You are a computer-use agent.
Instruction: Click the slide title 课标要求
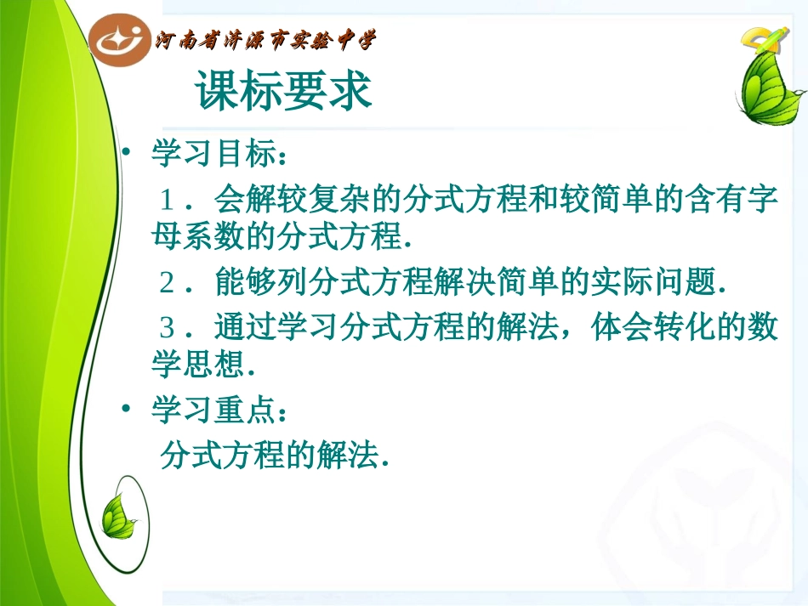[x=284, y=92]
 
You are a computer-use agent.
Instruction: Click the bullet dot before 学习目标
[x=126, y=155]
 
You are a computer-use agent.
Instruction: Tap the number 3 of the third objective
[x=168, y=326]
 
